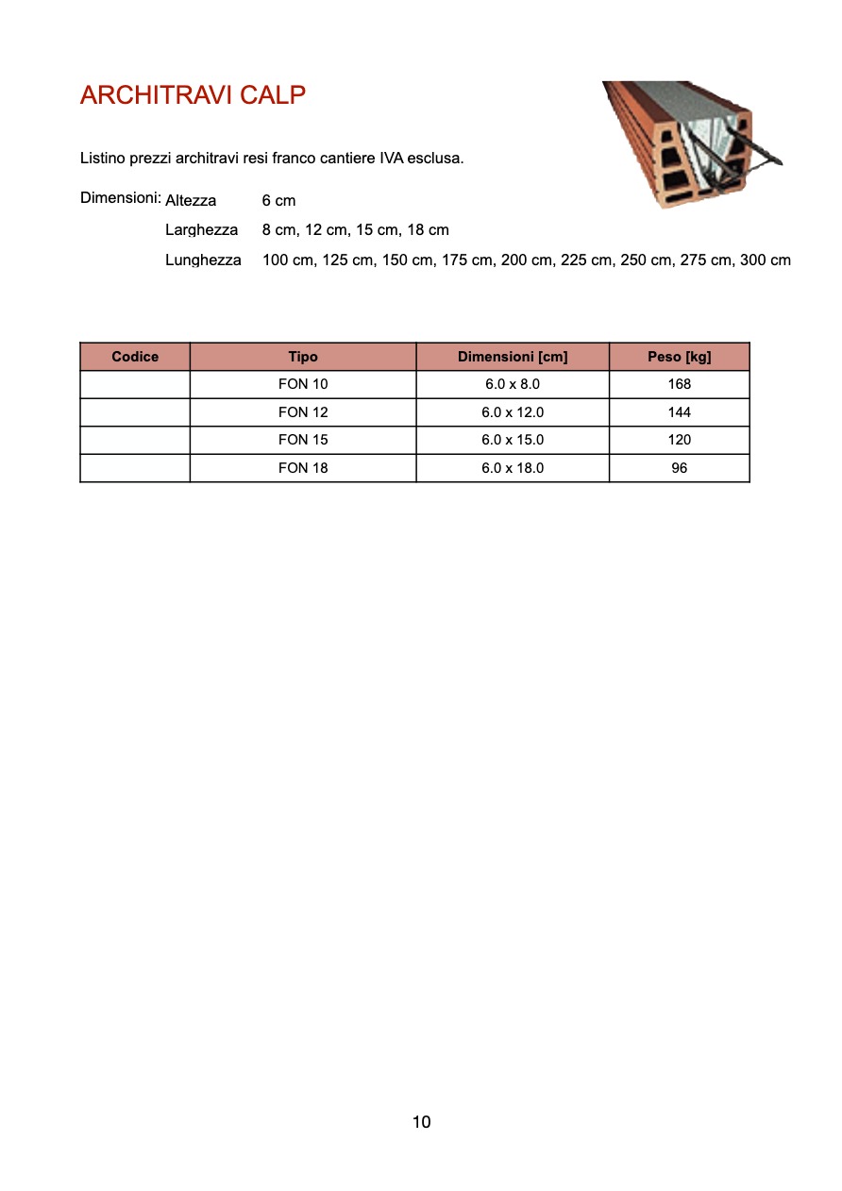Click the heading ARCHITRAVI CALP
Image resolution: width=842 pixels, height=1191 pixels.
click(x=193, y=95)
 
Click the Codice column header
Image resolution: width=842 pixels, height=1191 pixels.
click(x=135, y=357)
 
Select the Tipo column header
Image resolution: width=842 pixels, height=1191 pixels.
click(x=303, y=357)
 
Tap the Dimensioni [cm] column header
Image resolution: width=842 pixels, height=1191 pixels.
click(x=513, y=357)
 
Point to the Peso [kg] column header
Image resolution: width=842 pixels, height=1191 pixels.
click(x=680, y=357)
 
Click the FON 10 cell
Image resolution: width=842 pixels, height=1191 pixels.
click(x=303, y=384)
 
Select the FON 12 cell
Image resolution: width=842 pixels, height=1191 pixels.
click(x=303, y=412)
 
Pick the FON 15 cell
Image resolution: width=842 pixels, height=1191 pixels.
click(x=303, y=440)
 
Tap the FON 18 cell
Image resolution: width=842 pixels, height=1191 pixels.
click(x=303, y=467)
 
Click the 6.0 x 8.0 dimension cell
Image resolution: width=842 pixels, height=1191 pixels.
click(x=513, y=384)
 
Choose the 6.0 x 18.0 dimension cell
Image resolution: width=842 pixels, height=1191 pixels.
click(x=513, y=467)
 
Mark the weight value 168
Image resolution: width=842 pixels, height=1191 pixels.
click(x=680, y=384)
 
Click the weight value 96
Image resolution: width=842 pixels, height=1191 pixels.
click(x=680, y=467)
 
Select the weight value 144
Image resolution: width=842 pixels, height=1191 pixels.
click(x=680, y=412)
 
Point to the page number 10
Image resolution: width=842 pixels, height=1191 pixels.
click(x=421, y=1122)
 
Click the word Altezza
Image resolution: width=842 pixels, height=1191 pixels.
click(x=191, y=201)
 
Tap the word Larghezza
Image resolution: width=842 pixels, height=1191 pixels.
click(x=201, y=230)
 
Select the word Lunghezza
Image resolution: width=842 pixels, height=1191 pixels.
click(x=203, y=260)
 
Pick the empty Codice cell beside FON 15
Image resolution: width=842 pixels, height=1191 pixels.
click(x=135, y=440)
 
